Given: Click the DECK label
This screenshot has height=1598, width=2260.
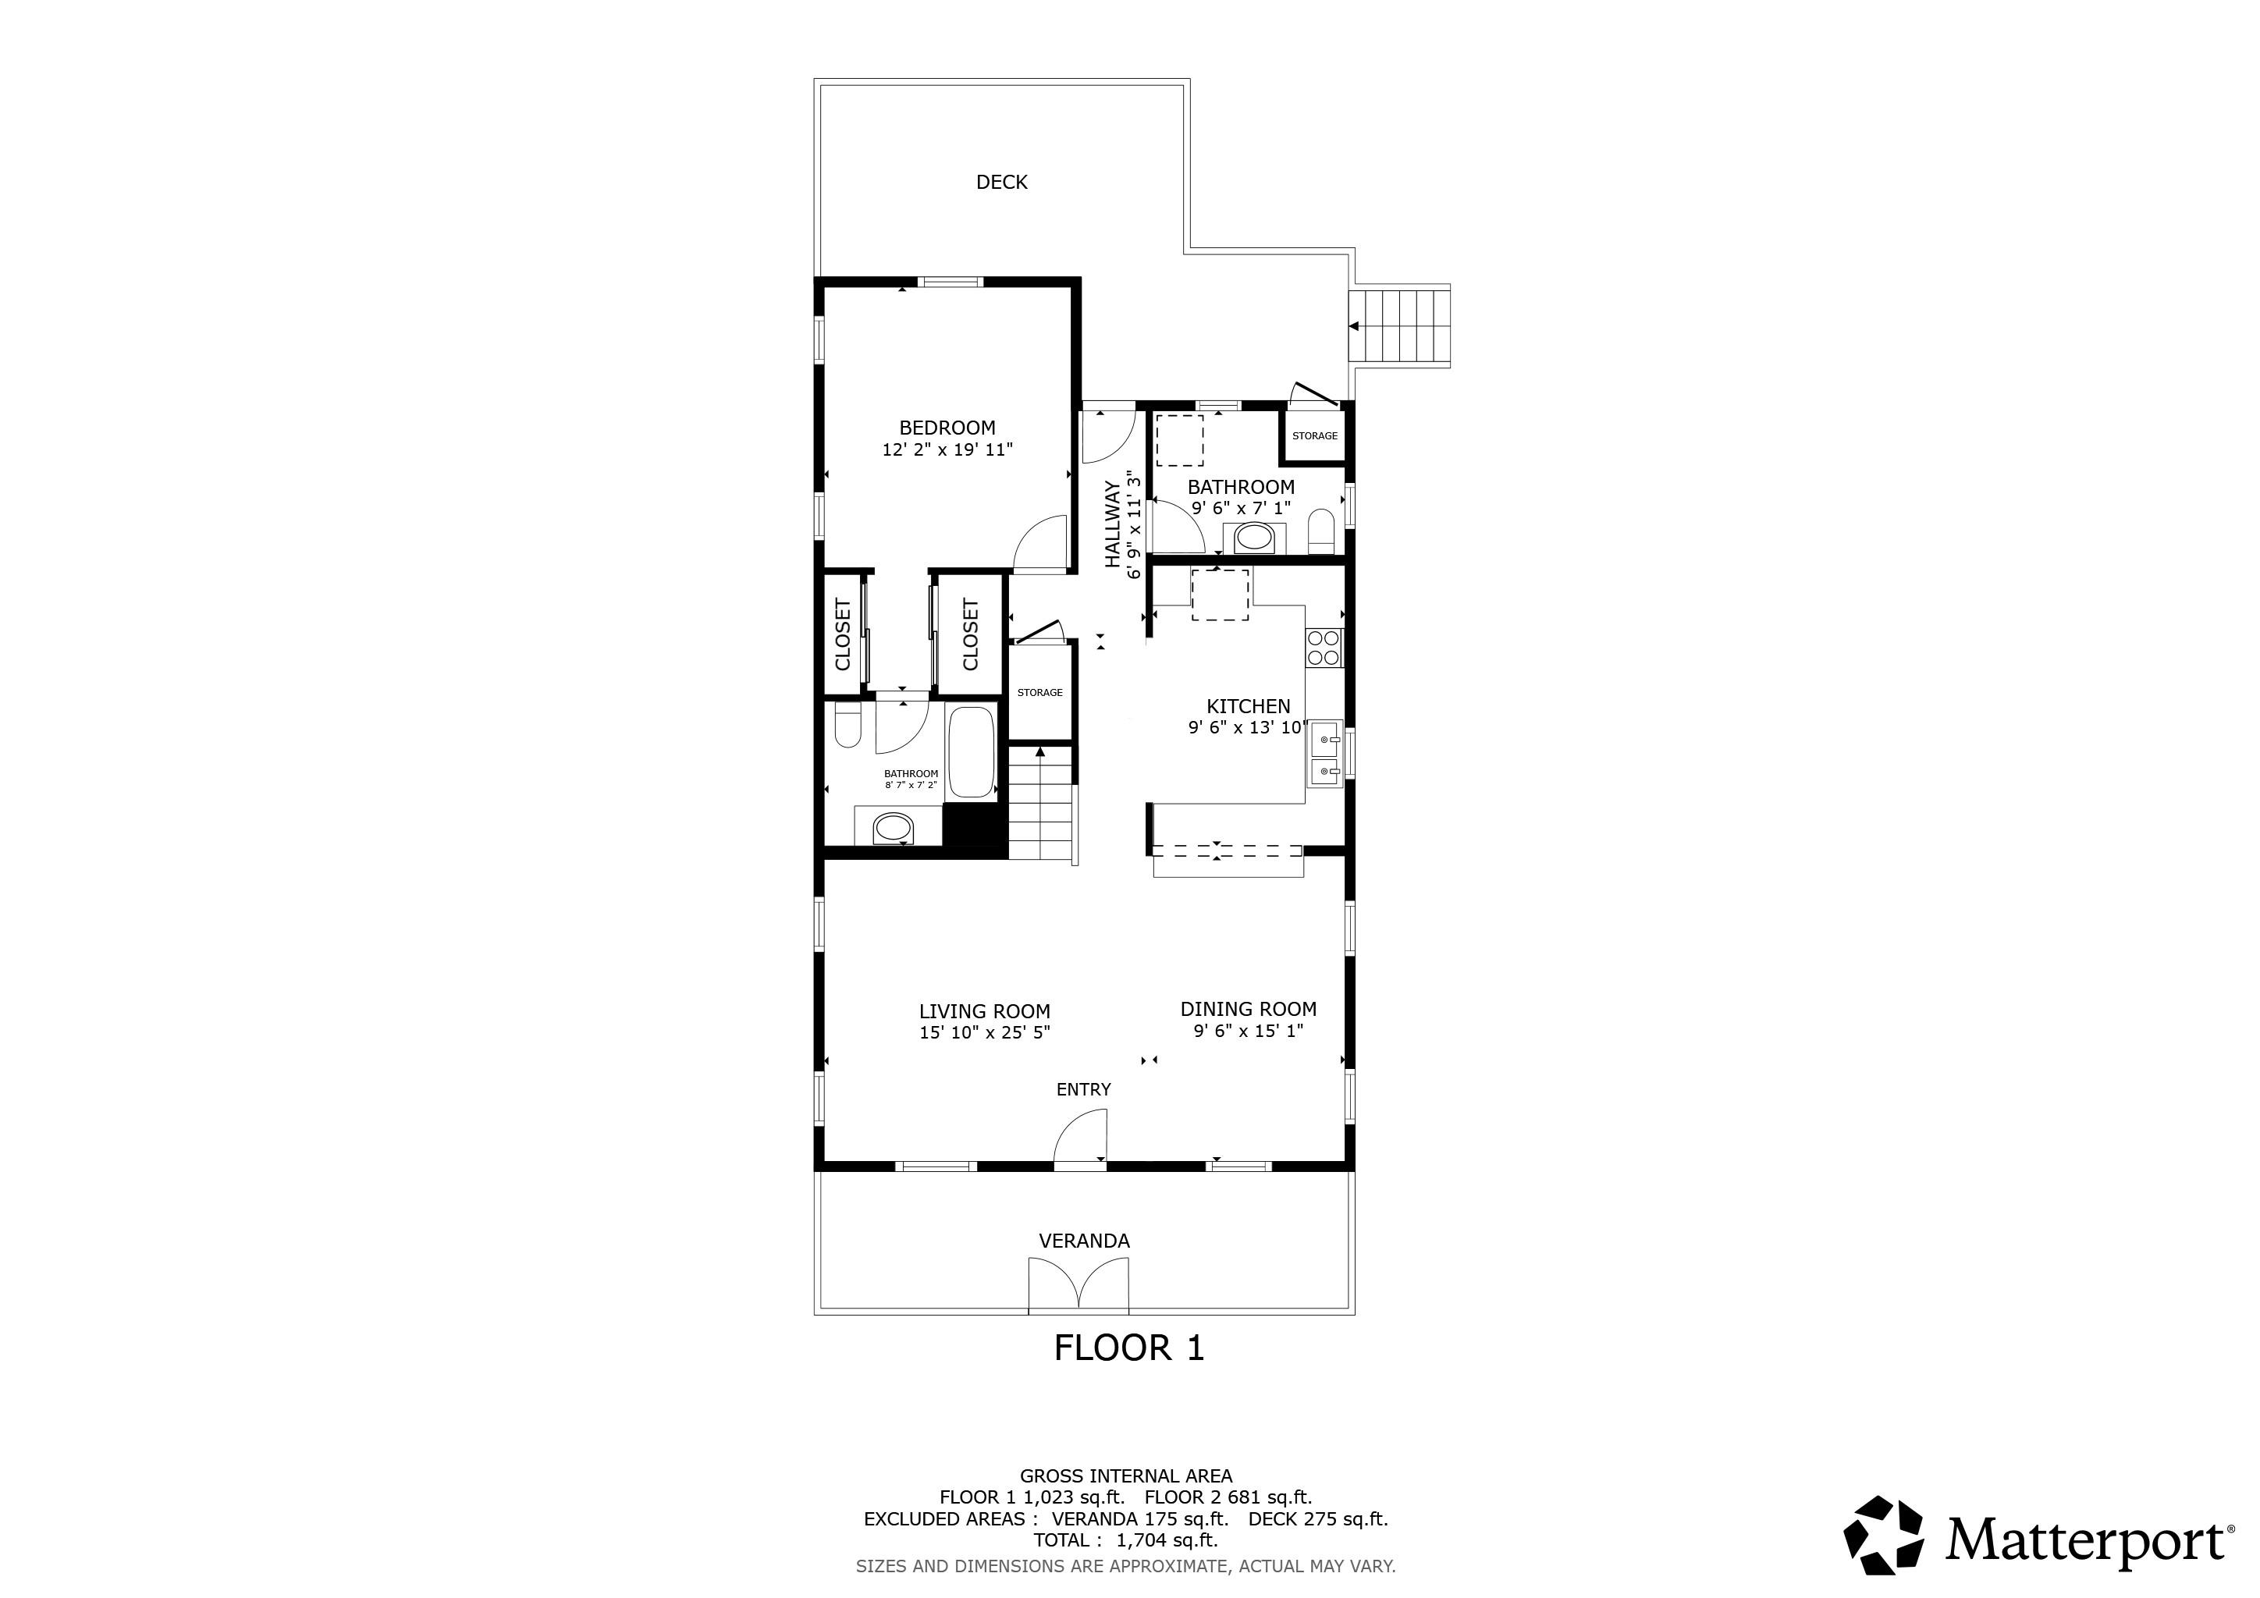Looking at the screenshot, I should pos(1001,182).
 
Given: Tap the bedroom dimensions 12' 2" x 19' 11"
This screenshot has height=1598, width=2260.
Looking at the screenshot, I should pos(947,449).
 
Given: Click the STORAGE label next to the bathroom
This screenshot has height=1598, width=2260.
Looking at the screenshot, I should pos(1314,436).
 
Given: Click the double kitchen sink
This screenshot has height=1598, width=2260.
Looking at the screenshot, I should pos(1325,754).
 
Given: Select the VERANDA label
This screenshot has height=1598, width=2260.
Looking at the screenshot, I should pos(1084,1241).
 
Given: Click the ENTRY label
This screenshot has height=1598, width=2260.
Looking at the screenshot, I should pos(1082,1089).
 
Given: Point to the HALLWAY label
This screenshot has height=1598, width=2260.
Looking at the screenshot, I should pos(1112,524).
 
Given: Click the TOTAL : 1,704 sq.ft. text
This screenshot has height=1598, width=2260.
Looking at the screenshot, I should pos(1125,1540).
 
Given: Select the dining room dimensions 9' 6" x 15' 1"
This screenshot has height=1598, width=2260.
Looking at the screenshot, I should pos(1248,1032).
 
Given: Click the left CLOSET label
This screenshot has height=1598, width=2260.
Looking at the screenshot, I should pos(843,634).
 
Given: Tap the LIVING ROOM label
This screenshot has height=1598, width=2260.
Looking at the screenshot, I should pos(984,1010).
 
